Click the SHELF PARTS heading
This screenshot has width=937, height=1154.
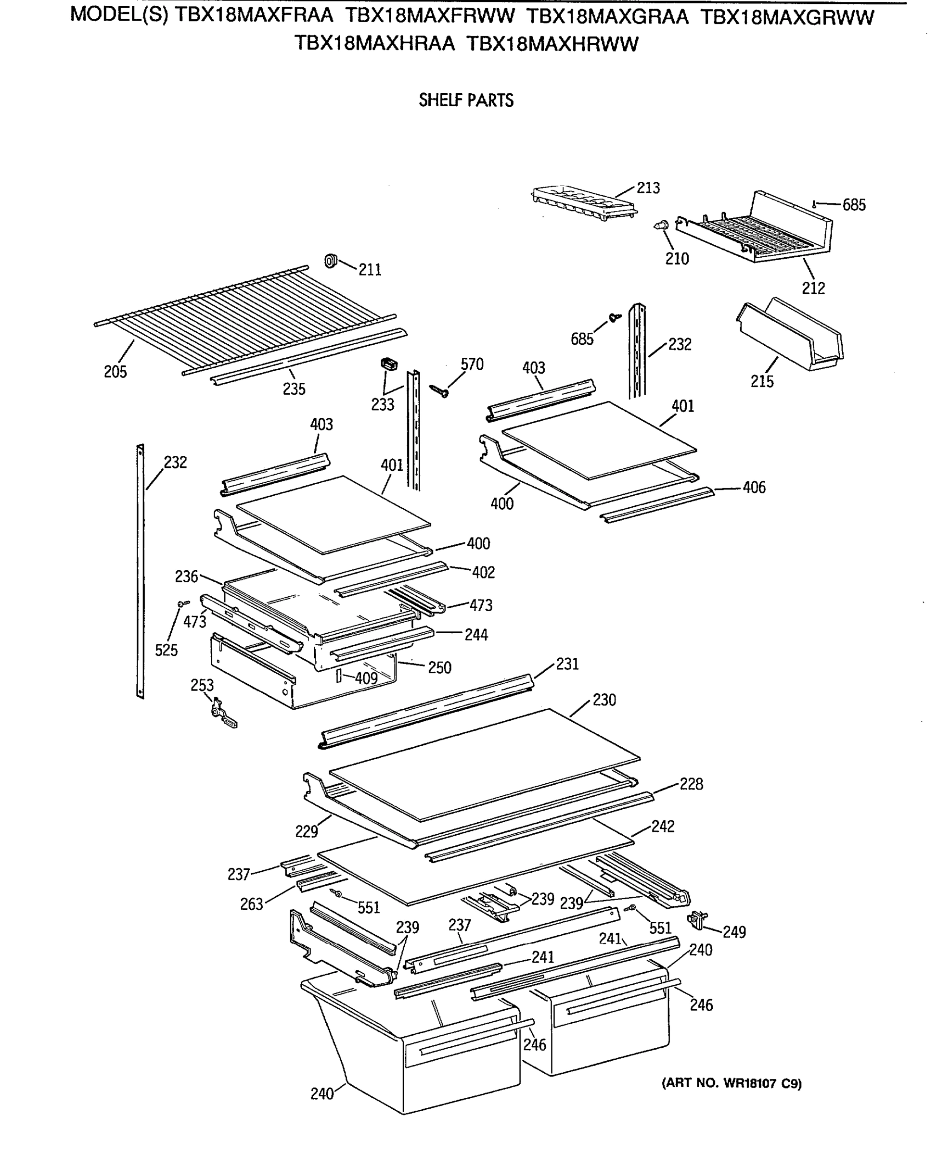tap(466, 100)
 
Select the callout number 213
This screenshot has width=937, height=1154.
tap(648, 188)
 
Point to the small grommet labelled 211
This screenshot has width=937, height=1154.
tap(330, 262)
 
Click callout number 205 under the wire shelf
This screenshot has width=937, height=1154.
tap(115, 372)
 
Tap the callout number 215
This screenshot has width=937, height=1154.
tap(761, 381)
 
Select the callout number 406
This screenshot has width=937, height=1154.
tap(754, 488)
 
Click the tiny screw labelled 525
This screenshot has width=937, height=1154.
tap(182, 603)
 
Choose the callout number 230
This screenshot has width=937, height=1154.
tap(604, 700)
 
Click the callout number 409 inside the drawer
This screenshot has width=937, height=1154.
tap(366, 678)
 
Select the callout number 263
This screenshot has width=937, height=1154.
tap(252, 904)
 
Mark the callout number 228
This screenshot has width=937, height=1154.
tap(691, 784)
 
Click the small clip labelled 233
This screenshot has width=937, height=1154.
tap(389, 364)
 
